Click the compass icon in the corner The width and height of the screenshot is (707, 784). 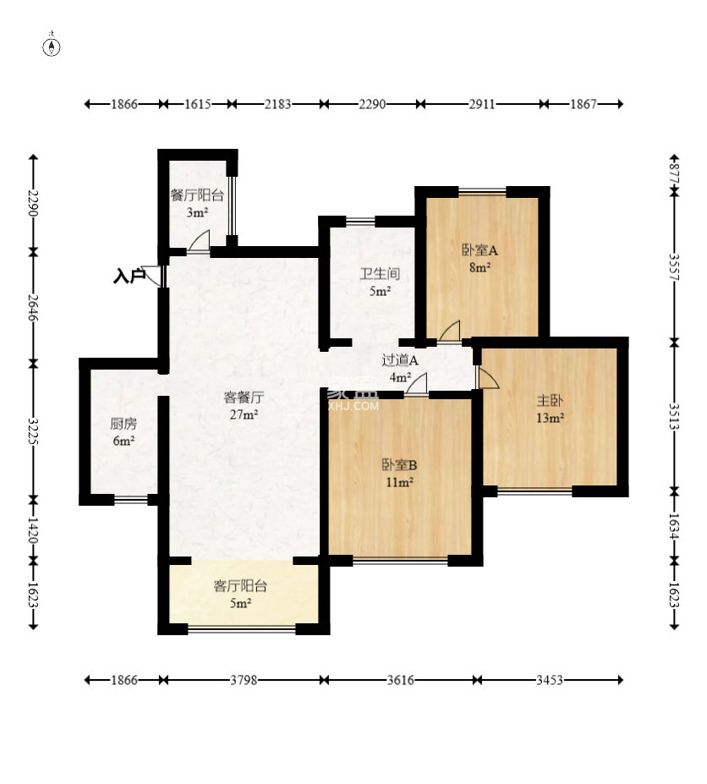pos(52,47)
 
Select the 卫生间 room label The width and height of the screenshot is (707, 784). pos(380,273)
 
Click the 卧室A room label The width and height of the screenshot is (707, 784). pos(480,249)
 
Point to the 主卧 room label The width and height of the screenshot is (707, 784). pos(550,401)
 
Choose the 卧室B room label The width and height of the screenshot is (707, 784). pos(399,465)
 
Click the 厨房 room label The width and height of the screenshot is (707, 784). pos(123,424)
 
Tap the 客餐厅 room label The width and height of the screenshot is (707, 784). pos(244,397)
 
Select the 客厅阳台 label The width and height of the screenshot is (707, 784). pos(240,585)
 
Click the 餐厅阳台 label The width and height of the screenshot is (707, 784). pos(197,195)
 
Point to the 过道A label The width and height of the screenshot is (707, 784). pos(400,360)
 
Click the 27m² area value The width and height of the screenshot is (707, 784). pos(244,414)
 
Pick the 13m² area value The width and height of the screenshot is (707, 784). pos(550,418)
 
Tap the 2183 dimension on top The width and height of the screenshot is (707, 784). pos(277,104)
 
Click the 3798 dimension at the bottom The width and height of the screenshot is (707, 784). pos(244,680)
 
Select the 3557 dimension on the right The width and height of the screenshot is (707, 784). pos(675,267)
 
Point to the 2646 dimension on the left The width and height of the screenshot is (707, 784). pos(33,308)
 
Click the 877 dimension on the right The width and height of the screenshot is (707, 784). pos(675,172)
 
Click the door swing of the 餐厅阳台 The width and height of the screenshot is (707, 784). pos(200,242)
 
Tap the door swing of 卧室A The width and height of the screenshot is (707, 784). pos(450,332)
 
